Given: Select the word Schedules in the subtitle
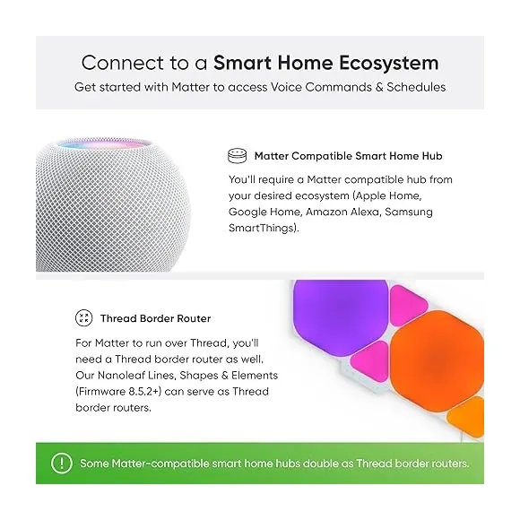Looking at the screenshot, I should [415, 87].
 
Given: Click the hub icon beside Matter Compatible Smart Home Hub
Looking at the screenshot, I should [237, 154].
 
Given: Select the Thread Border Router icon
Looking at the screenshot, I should [83, 318].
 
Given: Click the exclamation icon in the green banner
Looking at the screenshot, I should [61, 464].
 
